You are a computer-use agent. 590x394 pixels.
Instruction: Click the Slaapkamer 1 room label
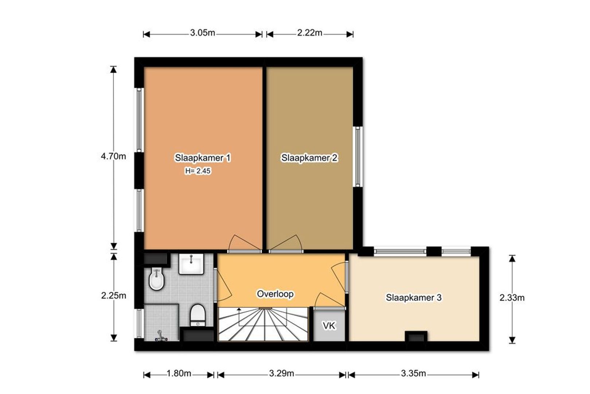pyautogui.click(x=203, y=158)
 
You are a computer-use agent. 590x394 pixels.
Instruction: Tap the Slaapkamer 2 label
pyautogui.click(x=309, y=158)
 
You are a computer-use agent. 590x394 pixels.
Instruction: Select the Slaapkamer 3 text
pyautogui.click(x=414, y=297)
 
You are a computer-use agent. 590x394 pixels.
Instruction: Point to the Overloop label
pyautogui.click(x=275, y=294)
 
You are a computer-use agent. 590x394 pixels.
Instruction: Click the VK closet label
pyautogui.click(x=329, y=326)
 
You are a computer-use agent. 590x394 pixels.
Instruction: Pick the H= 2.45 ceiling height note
pyautogui.click(x=198, y=171)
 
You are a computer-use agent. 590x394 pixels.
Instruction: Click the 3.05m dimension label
pyautogui.click(x=203, y=33)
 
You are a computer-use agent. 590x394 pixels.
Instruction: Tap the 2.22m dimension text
pyautogui.click(x=310, y=33)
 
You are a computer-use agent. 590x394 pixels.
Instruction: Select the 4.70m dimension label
pyautogui.click(x=114, y=157)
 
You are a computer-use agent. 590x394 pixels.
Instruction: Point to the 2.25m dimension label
pyautogui.click(x=114, y=295)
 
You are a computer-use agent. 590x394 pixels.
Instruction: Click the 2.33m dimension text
pyautogui.click(x=512, y=298)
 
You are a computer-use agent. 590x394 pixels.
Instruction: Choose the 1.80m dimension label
pyautogui.click(x=179, y=374)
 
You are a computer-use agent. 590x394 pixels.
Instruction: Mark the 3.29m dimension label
pyautogui.click(x=281, y=374)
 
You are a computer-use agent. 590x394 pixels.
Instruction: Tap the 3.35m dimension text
pyautogui.click(x=413, y=374)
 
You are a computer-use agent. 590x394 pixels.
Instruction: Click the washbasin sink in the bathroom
pyautogui.click(x=191, y=264)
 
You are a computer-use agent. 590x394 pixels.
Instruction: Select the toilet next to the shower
pyautogui.click(x=198, y=315)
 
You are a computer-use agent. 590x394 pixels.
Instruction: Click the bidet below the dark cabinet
pyautogui.click(x=156, y=279)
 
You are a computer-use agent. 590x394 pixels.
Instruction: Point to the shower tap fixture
pyautogui.click(x=161, y=336)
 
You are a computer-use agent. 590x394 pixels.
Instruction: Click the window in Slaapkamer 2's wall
pyautogui.click(x=358, y=157)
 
